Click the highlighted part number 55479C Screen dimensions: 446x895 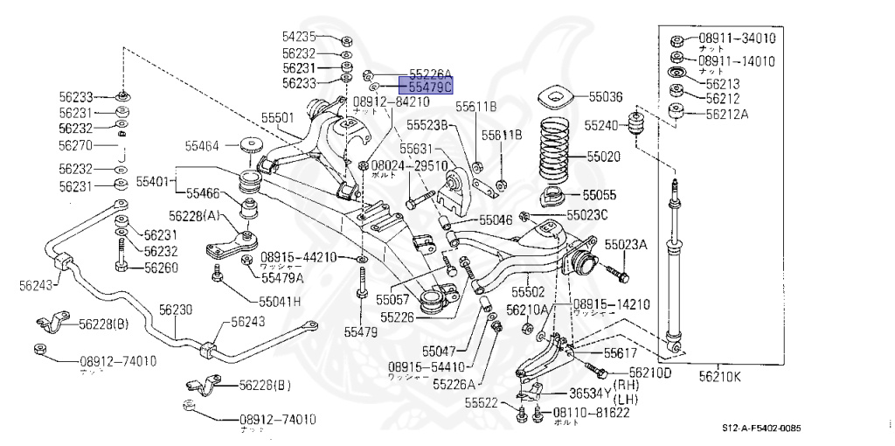tap(426, 87)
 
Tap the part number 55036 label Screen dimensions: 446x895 tap(605, 97)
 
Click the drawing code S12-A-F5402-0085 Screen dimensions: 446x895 tap(761, 428)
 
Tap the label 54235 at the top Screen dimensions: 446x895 tap(299, 37)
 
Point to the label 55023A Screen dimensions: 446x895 tap(626, 245)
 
